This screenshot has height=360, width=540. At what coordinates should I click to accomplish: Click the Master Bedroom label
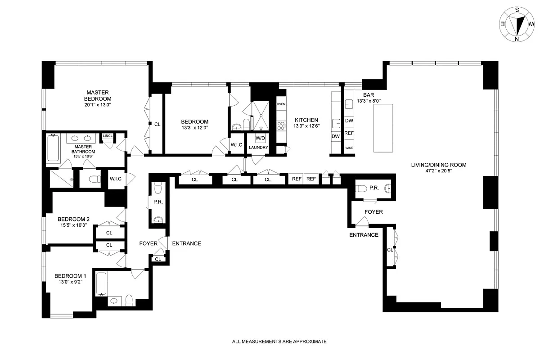[x=98, y=95]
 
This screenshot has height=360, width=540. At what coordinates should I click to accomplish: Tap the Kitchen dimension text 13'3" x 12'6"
[x=306, y=126]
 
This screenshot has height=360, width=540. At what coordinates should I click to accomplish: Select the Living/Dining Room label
[x=438, y=165]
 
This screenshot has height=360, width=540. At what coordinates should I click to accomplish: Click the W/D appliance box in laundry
[x=261, y=138]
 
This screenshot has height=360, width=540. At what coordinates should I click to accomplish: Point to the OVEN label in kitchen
[x=281, y=104]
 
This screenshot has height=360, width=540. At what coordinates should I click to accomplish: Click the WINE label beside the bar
[x=349, y=148]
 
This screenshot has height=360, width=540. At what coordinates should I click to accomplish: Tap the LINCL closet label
[x=108, y=136]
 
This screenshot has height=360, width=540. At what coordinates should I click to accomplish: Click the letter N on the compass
[x=517, y=39]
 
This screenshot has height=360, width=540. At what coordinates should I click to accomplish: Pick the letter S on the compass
[x=517, y=10]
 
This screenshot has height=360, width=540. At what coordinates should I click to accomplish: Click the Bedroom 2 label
[x=73, y=219]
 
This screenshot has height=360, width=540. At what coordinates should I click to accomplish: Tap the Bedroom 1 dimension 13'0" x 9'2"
[x=71, y=282]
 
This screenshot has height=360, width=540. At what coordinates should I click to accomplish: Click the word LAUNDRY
[x=258, y=147]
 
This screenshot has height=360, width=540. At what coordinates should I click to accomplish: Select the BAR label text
[x=369, y=95]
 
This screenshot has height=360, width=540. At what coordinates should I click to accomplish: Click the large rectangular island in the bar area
[x=383, y=128]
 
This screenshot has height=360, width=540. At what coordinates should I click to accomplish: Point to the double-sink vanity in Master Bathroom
[x=81, y=138]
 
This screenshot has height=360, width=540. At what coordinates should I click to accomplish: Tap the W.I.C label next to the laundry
[x=237, y=145]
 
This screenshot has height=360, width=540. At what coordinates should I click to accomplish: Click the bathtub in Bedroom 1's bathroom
[x=101, y=284]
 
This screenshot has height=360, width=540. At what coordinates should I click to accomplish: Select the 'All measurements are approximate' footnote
[x=279, y=342]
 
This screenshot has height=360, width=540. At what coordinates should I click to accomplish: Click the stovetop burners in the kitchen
[x=281, y=126]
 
